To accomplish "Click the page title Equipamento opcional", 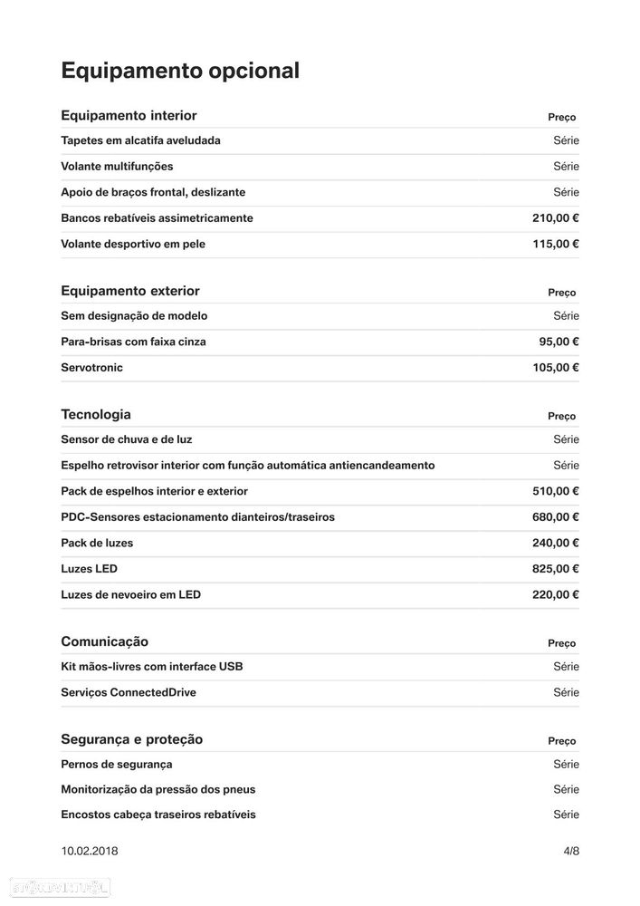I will coord(179,71).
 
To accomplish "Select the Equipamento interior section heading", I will coord(129,116).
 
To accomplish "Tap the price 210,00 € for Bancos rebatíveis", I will coord(555,218).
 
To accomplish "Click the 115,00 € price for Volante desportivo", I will coord(555,244).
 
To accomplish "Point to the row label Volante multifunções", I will coord(117,167).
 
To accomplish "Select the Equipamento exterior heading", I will coord(129,291).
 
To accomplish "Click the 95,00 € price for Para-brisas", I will coord(559,342).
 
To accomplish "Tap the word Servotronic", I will coord(91,368).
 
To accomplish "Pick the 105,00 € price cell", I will coord(555,368).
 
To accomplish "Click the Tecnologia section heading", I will coord(96,415).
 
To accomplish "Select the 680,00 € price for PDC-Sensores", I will coord(555,517).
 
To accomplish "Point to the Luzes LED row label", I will coord(89,569).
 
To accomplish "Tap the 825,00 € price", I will coord(555,569).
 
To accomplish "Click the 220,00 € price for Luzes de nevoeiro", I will coord(555,595).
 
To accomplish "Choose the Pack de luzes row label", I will coord(97,544).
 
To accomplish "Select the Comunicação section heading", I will coord(104,641).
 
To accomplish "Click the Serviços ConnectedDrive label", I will coord(129,693).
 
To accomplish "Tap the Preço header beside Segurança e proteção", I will coord(561,741).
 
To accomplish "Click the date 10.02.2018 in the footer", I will coord(89,852).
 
